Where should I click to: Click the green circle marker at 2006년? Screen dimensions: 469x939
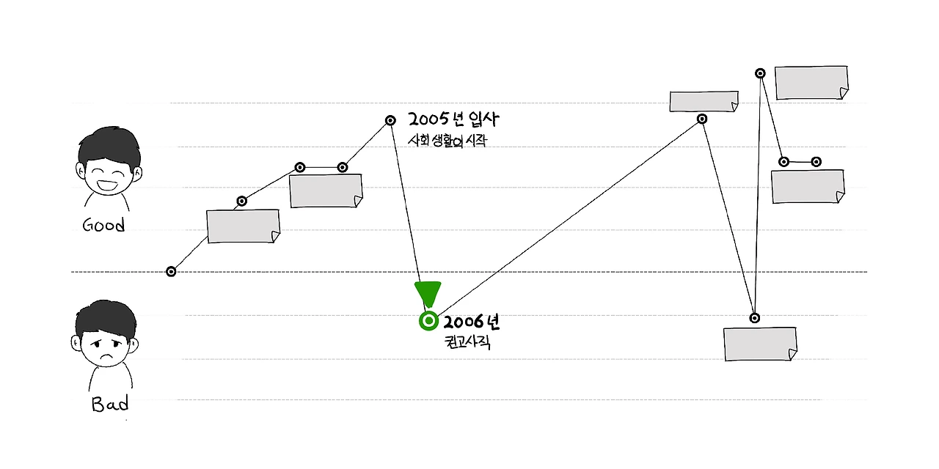point(428,321)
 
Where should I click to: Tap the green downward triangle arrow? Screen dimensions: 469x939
point(428,294)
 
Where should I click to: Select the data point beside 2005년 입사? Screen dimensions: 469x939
point(391,120)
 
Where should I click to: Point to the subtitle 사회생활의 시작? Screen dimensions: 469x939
point(447,141)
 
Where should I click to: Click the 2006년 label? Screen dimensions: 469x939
point(471,322)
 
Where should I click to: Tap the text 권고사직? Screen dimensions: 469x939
point(467,341)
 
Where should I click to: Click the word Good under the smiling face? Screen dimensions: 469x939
point(103,225)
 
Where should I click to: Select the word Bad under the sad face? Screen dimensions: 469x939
point(110,405)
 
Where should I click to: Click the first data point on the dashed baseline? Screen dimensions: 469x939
point(171,272)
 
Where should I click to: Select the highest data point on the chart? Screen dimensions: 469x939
point(761,73)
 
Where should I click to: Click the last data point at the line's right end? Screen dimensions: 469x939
point(816,161)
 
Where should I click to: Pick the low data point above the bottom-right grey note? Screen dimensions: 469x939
point(754,318)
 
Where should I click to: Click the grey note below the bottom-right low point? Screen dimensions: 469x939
point(760,344)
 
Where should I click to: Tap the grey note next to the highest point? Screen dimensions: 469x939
point(811,83)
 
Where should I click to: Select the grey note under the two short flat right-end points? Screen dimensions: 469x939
point(808,187)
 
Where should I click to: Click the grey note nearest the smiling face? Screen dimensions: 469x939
point(244,226)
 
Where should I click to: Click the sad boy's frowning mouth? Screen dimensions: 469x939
point(106,355)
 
